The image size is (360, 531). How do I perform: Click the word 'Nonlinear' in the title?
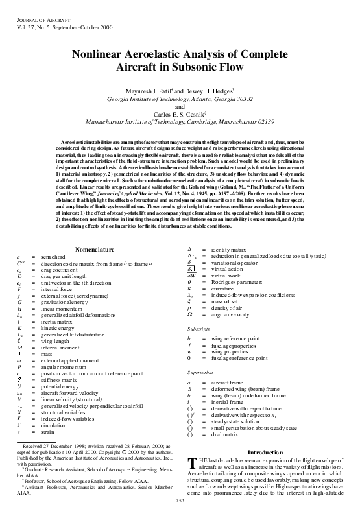click(105, 56)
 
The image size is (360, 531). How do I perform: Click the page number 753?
click(180, 518)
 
